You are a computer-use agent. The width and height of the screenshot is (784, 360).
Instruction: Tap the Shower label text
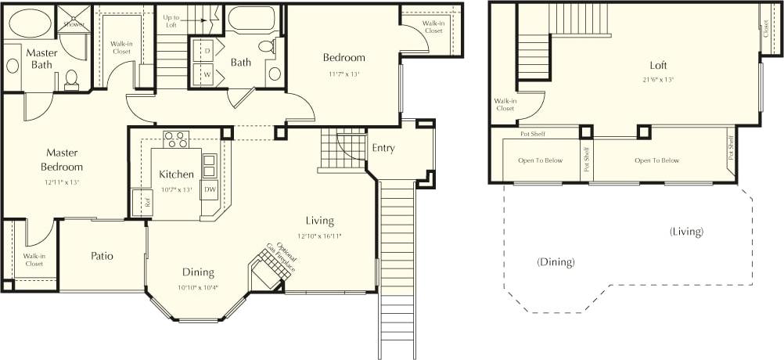[74, 23]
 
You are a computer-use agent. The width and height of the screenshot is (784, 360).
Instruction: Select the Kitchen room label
[176, 174]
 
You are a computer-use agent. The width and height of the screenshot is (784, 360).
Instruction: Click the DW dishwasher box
[209, 189]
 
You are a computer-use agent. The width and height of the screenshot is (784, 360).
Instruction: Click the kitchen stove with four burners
[176, 139]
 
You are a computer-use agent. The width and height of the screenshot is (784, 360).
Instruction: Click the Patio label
[102, 256]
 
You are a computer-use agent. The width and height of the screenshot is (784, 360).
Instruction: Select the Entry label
[383, 148]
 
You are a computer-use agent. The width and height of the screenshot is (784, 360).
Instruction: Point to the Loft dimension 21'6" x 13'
[657, 79]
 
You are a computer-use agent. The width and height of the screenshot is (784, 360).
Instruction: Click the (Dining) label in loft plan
[556, 262]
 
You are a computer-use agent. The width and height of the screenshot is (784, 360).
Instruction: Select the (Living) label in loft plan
[686, 232]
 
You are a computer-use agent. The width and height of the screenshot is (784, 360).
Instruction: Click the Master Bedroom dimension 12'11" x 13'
[62, 182]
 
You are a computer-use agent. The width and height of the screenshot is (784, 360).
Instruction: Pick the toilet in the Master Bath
[71, 79]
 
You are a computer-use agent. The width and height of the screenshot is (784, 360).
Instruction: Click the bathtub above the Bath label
[251, 19]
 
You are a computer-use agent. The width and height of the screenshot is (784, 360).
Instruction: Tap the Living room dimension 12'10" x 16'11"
[320, 235]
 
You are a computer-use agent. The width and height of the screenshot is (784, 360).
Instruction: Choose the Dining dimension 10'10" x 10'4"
[199, 286]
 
